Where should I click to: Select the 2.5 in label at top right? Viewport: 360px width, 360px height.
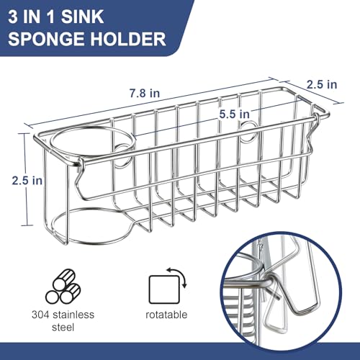(x=321, y=84)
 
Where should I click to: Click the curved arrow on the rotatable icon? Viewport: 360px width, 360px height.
(x=179, y=276)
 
